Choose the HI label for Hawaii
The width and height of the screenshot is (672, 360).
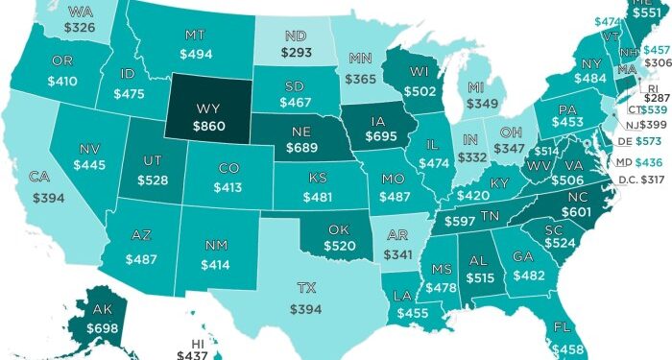point(196,341)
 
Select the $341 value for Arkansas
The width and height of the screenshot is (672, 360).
point(393,256)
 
